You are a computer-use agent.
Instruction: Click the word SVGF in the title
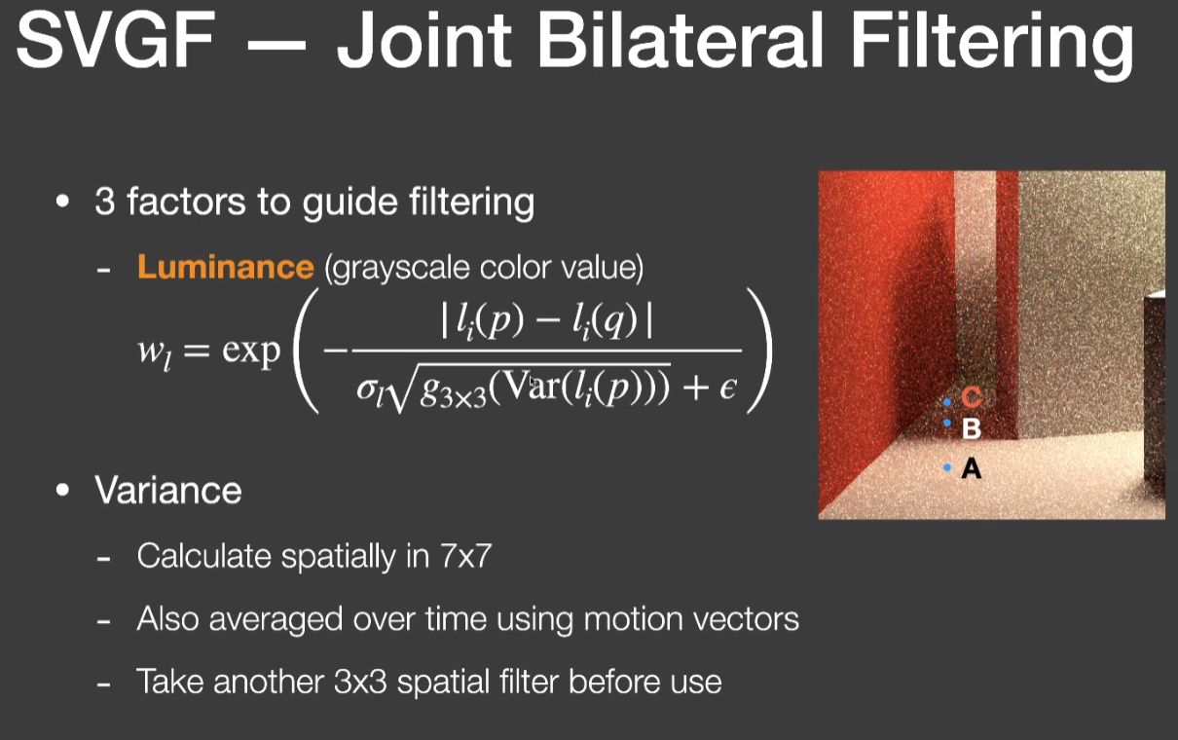(x=116, y=40)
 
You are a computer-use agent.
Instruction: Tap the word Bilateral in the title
(x=680, y=40)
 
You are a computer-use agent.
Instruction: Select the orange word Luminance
(x=226, y=267)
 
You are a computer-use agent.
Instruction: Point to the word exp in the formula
(x=251, y=351)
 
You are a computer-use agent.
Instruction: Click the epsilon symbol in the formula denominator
(x=728, y=388)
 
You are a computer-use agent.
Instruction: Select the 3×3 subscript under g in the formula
(x=463, y=399)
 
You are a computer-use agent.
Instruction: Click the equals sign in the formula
(x=197, y=351)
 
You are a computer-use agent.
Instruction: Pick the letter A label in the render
(x=971, y=467)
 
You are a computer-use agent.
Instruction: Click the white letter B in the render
(x=972, y=428)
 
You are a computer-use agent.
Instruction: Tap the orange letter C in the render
(x=972, y=397)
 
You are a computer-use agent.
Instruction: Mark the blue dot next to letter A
(x=947, y=467)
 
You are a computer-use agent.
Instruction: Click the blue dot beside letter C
(x=947, y=402)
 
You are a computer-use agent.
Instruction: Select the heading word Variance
(x=168, y=490)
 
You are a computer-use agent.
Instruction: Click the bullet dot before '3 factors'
(x=62, y=202)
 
